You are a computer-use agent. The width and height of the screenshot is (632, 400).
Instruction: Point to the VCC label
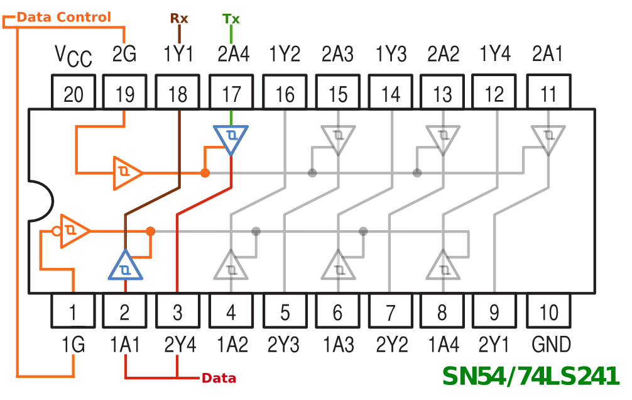click(x=73, y=56)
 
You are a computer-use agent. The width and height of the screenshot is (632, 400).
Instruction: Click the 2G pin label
click(x=124, y=55)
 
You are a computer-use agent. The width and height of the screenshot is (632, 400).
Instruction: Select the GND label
click(x=551, y=345)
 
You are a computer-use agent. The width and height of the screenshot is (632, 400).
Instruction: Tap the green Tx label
click(x=231, y=18)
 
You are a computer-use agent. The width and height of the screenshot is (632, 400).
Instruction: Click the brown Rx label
click(x=179, y=18)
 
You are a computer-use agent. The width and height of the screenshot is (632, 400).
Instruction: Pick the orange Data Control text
click(x=63, y=17)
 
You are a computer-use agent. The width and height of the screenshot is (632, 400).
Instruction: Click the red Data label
click(x=219, y=379)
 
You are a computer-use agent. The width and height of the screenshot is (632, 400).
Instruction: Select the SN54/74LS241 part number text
click(x=531, y=376)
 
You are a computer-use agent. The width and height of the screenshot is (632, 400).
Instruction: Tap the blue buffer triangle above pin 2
click(x=126, y=267)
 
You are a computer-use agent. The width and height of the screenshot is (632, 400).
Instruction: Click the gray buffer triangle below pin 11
click(x=548, y=138)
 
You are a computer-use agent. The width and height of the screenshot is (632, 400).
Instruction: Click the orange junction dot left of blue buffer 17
click(x=205, y=172)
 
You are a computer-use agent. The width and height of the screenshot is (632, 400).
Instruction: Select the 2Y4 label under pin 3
click(x=180, y=345)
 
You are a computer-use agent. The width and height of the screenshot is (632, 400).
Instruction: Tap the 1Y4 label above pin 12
click(x=495, y=55)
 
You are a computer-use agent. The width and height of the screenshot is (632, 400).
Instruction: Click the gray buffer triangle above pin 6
click(x=339, y=267)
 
